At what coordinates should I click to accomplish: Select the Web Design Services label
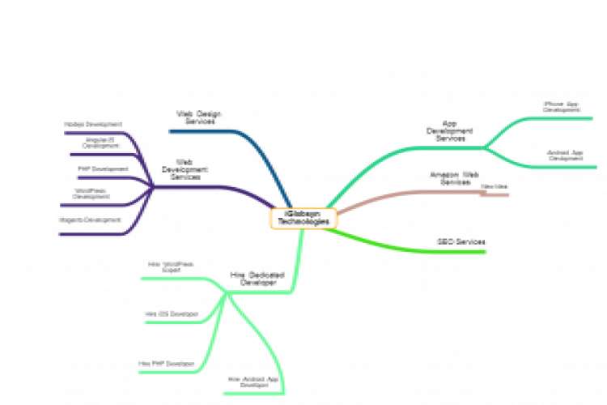[x=198, y=117]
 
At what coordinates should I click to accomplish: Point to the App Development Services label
[x=451, y=132]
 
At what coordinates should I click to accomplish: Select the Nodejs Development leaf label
[x=93, y=125]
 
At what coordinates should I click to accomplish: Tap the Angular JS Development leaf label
[x=100, y=143]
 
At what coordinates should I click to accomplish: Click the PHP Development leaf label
[x=103, y=168]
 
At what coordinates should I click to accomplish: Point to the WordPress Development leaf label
[x=91, y=194]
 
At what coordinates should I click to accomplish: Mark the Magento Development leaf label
[x=90, y=220]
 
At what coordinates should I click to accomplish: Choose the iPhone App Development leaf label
[x=561, y=106]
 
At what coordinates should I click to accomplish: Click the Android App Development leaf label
[x=565, y=155]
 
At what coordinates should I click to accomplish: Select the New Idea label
[x=495, y=187]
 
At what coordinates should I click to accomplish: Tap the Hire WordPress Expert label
[x=171, y=266]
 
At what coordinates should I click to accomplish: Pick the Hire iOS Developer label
[x=172, y=313]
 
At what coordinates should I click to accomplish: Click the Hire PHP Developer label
[x=167, y=364]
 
